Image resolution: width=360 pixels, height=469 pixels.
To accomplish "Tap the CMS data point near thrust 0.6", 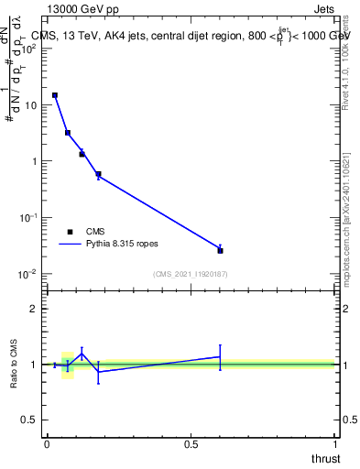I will (x=220, y=250).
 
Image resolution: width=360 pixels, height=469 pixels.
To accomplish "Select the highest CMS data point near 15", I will (x=55, y=95).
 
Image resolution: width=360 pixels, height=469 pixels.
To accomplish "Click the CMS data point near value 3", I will (x=68, y=133).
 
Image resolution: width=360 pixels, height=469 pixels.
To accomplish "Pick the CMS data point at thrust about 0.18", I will (x=98, y=174).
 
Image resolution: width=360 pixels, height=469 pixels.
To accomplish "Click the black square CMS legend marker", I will (x=71, y=233).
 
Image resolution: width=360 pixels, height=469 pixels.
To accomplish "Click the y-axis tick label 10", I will (x=31, y=105).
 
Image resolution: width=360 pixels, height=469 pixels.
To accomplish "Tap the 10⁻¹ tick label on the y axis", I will (x=28, y=217).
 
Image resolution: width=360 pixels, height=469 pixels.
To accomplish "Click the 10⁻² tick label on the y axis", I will (x=28, y=274).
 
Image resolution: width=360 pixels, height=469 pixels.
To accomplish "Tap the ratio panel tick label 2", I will (x=35, y=309).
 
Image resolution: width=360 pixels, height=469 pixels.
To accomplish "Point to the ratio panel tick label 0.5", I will (x=31, y=420).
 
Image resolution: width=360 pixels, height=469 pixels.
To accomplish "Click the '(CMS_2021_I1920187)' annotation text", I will (x=191, y=274).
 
